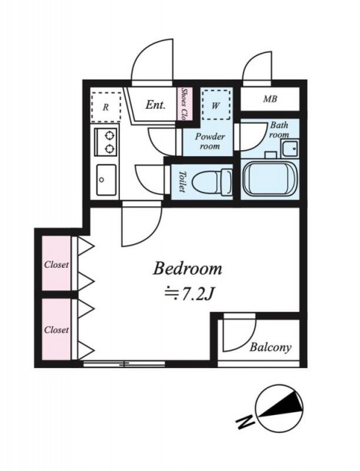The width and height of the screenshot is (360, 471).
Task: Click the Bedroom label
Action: [188, 269]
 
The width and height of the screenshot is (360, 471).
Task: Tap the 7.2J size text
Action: [189, 295]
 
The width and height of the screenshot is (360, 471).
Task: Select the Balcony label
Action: [270, 347]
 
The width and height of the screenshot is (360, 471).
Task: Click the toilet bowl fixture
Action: [212, 182]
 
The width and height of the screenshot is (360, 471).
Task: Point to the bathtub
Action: [269, 179]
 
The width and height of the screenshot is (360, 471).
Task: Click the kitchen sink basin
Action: [106, 180]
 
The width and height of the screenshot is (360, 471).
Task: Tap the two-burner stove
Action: [105, 141]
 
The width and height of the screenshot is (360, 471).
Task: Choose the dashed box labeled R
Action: [106, 107]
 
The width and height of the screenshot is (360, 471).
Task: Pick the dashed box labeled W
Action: [216, 105]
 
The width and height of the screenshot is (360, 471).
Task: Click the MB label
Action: [270, 99]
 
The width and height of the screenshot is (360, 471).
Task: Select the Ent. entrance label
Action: [155, 105]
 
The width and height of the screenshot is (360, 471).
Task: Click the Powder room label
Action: [210, 141]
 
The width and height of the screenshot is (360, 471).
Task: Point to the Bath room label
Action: [279, 130]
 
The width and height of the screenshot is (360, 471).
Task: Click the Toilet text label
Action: [182, 182]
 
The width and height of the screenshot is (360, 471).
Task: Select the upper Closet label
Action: [57, 265]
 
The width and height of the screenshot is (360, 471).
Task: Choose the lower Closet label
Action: [57, 330]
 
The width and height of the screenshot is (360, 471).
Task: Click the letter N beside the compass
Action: [245, 420]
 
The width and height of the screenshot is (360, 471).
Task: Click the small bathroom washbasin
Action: [290, 149]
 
